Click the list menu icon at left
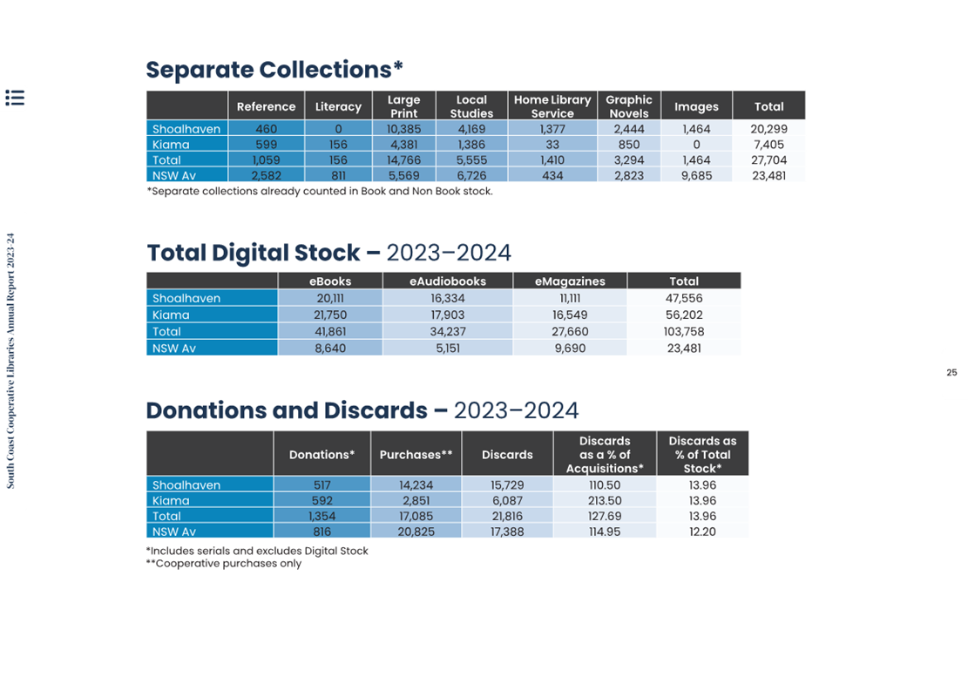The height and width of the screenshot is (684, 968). [15, 98]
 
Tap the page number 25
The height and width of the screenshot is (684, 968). [951, 372]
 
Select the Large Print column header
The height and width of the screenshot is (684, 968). [403, 106]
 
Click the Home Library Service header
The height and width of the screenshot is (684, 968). [552, 106]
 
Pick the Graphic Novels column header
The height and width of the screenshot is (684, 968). [628, 106]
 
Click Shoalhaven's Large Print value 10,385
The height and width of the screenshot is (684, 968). [403, 129]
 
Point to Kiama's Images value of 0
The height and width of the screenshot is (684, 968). [696, 145]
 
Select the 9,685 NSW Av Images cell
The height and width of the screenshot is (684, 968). [696, 175]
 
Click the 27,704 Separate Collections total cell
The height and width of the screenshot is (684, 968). [768, 159]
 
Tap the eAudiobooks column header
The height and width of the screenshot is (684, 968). [448, 281]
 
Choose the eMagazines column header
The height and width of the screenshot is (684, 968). [570, 281]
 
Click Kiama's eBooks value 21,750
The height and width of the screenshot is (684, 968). [329, 315]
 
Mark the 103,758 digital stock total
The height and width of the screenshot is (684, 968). [684, 331]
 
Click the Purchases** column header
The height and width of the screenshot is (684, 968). [416, 454]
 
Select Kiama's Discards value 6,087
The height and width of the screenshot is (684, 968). [507, 501]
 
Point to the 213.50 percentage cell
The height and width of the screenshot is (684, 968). [605, 501]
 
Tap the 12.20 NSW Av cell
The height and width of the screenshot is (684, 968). [702, 532]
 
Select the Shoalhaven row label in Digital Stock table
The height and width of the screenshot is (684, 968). [186, 298]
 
